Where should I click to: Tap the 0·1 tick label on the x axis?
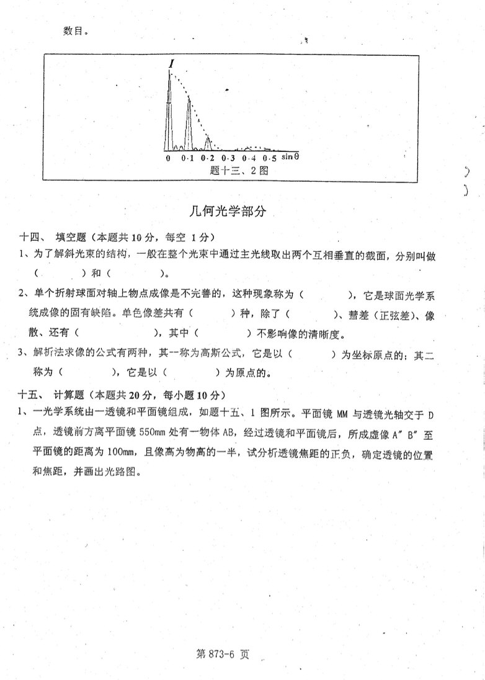[187, 159]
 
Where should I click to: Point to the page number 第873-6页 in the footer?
[221, 654]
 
